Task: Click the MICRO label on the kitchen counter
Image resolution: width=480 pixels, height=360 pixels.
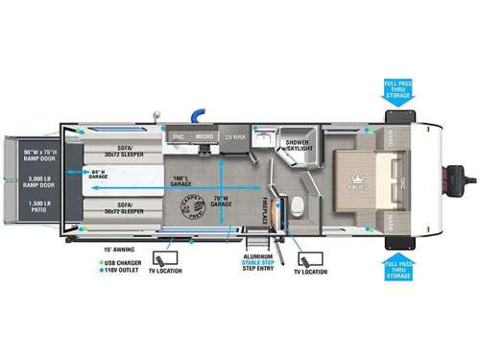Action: [x=204, y=136]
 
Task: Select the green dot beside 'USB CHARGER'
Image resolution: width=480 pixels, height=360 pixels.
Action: [x=100, y=261]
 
